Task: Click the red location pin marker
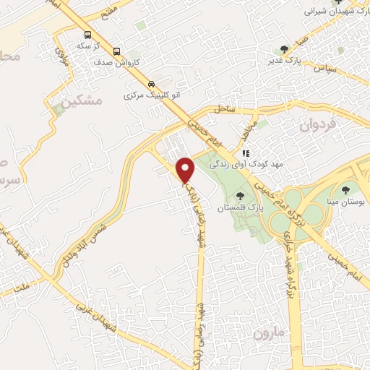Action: [186, 171]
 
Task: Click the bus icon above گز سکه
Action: [88, 35]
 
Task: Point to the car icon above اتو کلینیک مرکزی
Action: [150, 83]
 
